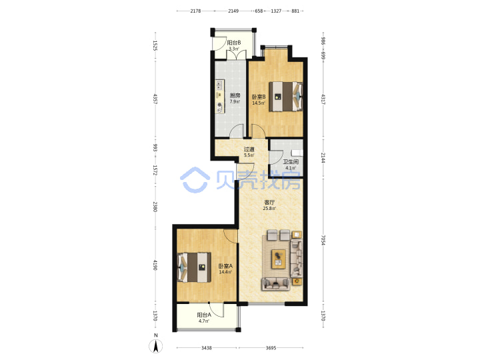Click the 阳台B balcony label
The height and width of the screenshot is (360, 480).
[x=234, y=43]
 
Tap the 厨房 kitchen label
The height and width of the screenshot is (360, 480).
[x=235, y=95]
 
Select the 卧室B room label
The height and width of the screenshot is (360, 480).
[x=259, y=97]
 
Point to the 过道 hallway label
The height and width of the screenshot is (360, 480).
[x=249, y=149]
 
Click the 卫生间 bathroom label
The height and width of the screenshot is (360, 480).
[x=291, y=161]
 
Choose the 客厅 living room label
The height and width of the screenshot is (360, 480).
[x=269, y=203]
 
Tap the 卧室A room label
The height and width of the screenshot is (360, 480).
[x=225, y=266]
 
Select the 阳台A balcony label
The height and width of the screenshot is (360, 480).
[x=204, y=315]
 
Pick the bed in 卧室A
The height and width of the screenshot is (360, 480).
[x=194, y=267]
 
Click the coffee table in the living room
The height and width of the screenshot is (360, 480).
[x=279, y=259]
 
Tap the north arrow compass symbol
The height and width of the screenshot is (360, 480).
[x=156, y=346]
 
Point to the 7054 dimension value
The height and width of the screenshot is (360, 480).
[x=323, y=240]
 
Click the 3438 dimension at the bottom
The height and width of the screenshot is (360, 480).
[x=207, y=348]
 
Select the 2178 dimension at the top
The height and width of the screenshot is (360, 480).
[x=195, y=11]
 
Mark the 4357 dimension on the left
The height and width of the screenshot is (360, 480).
[x=155, y=99]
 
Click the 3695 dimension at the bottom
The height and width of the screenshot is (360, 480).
[x=271, y=348]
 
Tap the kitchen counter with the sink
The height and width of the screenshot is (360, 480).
[x=220, y=97]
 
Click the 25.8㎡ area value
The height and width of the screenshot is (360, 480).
[x=269, y=209]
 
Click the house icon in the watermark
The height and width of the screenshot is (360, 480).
[x=195, y=180]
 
